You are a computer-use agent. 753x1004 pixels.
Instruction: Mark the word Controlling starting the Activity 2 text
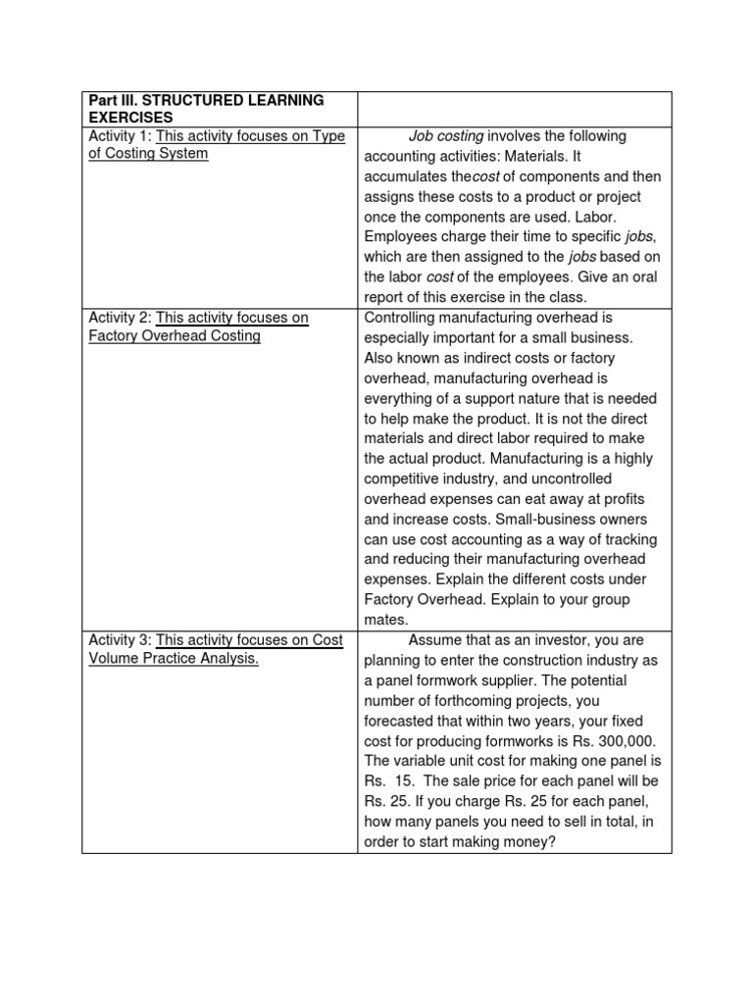tap(404, 318)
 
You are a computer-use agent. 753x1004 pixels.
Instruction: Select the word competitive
tap(404, 479)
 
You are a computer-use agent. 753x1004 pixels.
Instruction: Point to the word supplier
tap(550, 680)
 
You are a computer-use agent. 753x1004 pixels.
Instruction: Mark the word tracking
tap(628, 540)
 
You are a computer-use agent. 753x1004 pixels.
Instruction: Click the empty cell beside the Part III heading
tap(514, 109)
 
